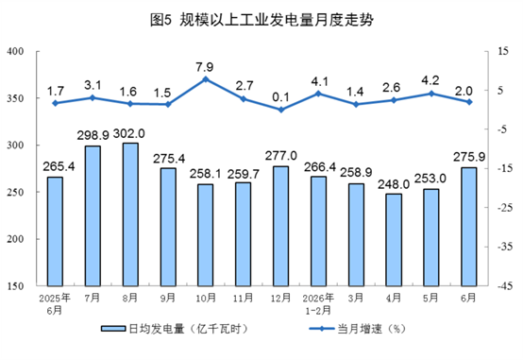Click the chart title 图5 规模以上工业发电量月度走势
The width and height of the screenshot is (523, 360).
point(261,20)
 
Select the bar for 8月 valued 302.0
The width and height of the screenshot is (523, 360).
point(130,214)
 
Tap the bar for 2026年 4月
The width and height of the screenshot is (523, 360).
point(394,240)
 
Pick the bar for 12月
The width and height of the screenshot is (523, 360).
point(280,226)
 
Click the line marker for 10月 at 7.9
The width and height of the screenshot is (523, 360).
point(206,79)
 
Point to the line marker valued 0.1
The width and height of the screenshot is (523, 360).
point(280,110)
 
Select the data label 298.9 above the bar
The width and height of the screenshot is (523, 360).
point(93,135)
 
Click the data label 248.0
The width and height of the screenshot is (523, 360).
point(394,184)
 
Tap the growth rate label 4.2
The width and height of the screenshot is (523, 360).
point(430,81)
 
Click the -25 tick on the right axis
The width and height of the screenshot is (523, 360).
point(505,208)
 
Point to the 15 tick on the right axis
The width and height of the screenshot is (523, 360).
point(503,51)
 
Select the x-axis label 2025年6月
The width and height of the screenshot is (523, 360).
point(55,304)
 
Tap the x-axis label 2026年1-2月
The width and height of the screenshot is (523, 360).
point(318,304)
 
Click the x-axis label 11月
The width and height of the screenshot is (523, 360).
point(244,298)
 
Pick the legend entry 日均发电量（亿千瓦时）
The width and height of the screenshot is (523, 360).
point(176,329)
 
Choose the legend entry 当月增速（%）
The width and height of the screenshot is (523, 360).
point(358,329)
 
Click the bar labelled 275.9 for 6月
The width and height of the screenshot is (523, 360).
point(469,227)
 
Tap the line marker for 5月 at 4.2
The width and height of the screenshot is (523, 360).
point(431,94)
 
